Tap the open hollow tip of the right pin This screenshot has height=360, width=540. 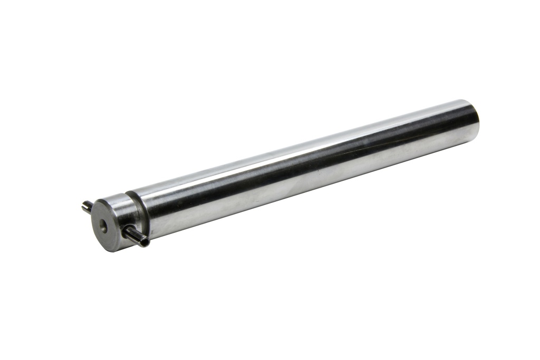(145, 243)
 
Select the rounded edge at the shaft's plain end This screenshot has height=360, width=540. (475, 120)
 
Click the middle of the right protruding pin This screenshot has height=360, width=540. (136, 237)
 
